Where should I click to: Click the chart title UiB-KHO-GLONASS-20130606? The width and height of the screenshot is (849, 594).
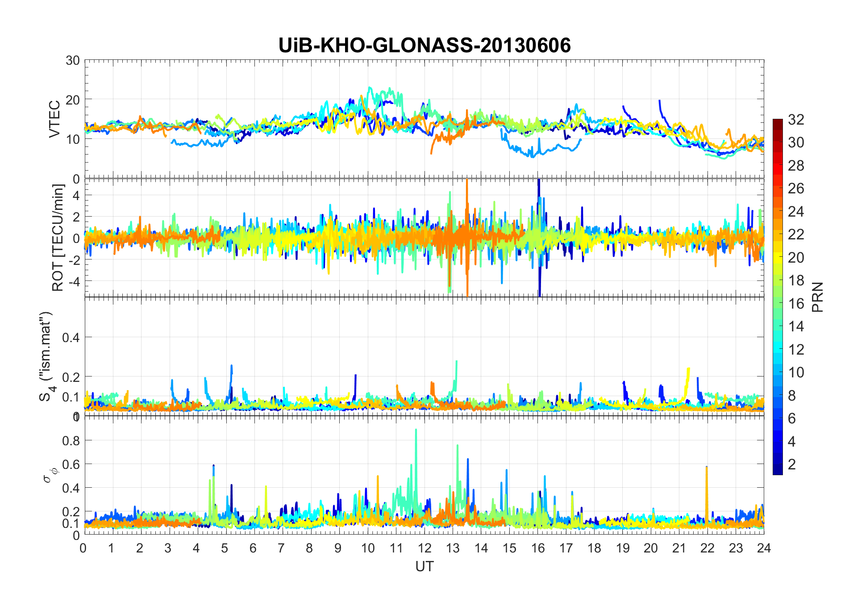coord(424,46)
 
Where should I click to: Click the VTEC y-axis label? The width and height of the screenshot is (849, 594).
coord(54,119)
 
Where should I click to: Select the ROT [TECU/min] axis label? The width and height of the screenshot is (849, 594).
coord(58,238)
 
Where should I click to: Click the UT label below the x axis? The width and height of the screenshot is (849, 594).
coord(424,566)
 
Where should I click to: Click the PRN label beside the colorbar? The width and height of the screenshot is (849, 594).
coord(817,297)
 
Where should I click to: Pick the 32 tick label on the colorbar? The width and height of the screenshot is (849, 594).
coord(796,119)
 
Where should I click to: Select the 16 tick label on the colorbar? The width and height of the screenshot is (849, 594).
coord(796,303)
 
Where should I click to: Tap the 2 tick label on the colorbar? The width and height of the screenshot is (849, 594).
coord(792,464)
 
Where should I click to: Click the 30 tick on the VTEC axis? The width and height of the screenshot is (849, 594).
coord(73,60)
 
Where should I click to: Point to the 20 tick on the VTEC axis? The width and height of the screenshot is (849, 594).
coord(73,100)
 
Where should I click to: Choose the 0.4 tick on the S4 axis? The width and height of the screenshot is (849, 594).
coord(71,337)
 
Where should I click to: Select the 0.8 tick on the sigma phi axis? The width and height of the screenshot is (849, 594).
coord(71,440)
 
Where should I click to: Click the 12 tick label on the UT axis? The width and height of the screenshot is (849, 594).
coord(424,548)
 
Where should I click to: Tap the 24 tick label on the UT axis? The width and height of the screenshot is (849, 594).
coord(764,548)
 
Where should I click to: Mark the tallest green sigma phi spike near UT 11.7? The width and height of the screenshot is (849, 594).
coord(416,430)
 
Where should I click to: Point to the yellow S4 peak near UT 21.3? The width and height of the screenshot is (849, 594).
coord(688,369)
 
